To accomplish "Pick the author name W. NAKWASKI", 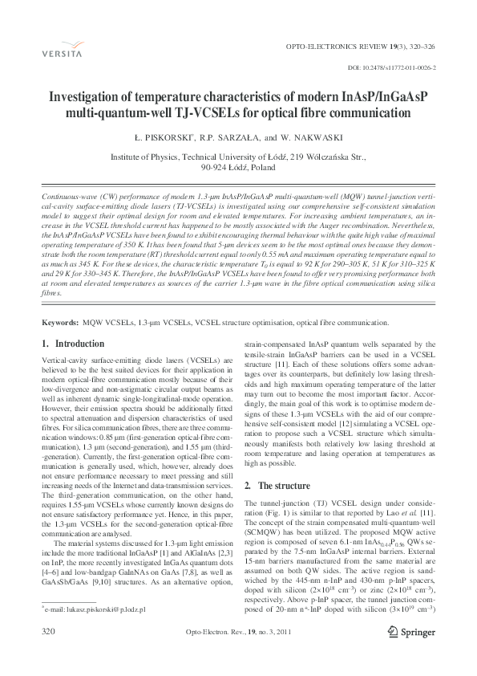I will tap(317, 137).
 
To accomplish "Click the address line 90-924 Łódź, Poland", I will tap(238, 169).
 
